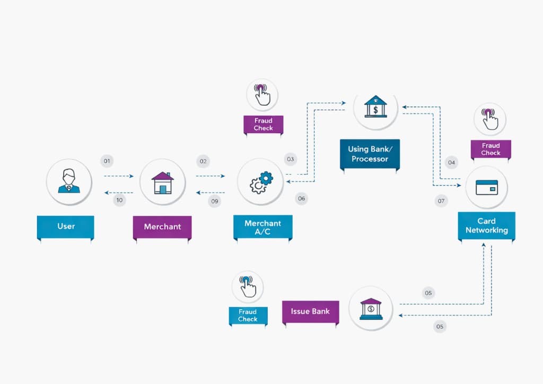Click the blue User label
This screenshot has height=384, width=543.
coord(66,226)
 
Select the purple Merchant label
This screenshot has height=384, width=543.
coord(162,227)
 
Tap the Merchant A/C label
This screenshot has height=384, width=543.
coord(262,227)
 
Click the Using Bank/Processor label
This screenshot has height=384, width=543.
coord(370,154)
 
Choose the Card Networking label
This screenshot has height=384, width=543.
coord(486,225)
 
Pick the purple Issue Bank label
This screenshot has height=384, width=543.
coord(310,311)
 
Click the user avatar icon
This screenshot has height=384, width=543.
coord(69,182)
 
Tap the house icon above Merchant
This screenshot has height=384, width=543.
coord(162,182)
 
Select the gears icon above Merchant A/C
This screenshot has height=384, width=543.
coord(260,182)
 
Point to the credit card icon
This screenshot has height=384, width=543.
coord(486,187)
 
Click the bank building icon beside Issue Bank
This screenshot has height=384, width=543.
coord(371,309)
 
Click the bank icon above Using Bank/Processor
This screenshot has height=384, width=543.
coord(375,106)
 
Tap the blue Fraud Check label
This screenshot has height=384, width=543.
coord(248,316)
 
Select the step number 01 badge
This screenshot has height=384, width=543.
coord(107,160)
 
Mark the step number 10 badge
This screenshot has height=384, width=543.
coord(119,200)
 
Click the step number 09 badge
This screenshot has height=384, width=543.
coord(214,201)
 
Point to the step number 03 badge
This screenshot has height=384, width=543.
coord(290,159)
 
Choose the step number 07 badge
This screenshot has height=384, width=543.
coord(441,201)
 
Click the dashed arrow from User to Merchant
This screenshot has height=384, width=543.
coord(118,176)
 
